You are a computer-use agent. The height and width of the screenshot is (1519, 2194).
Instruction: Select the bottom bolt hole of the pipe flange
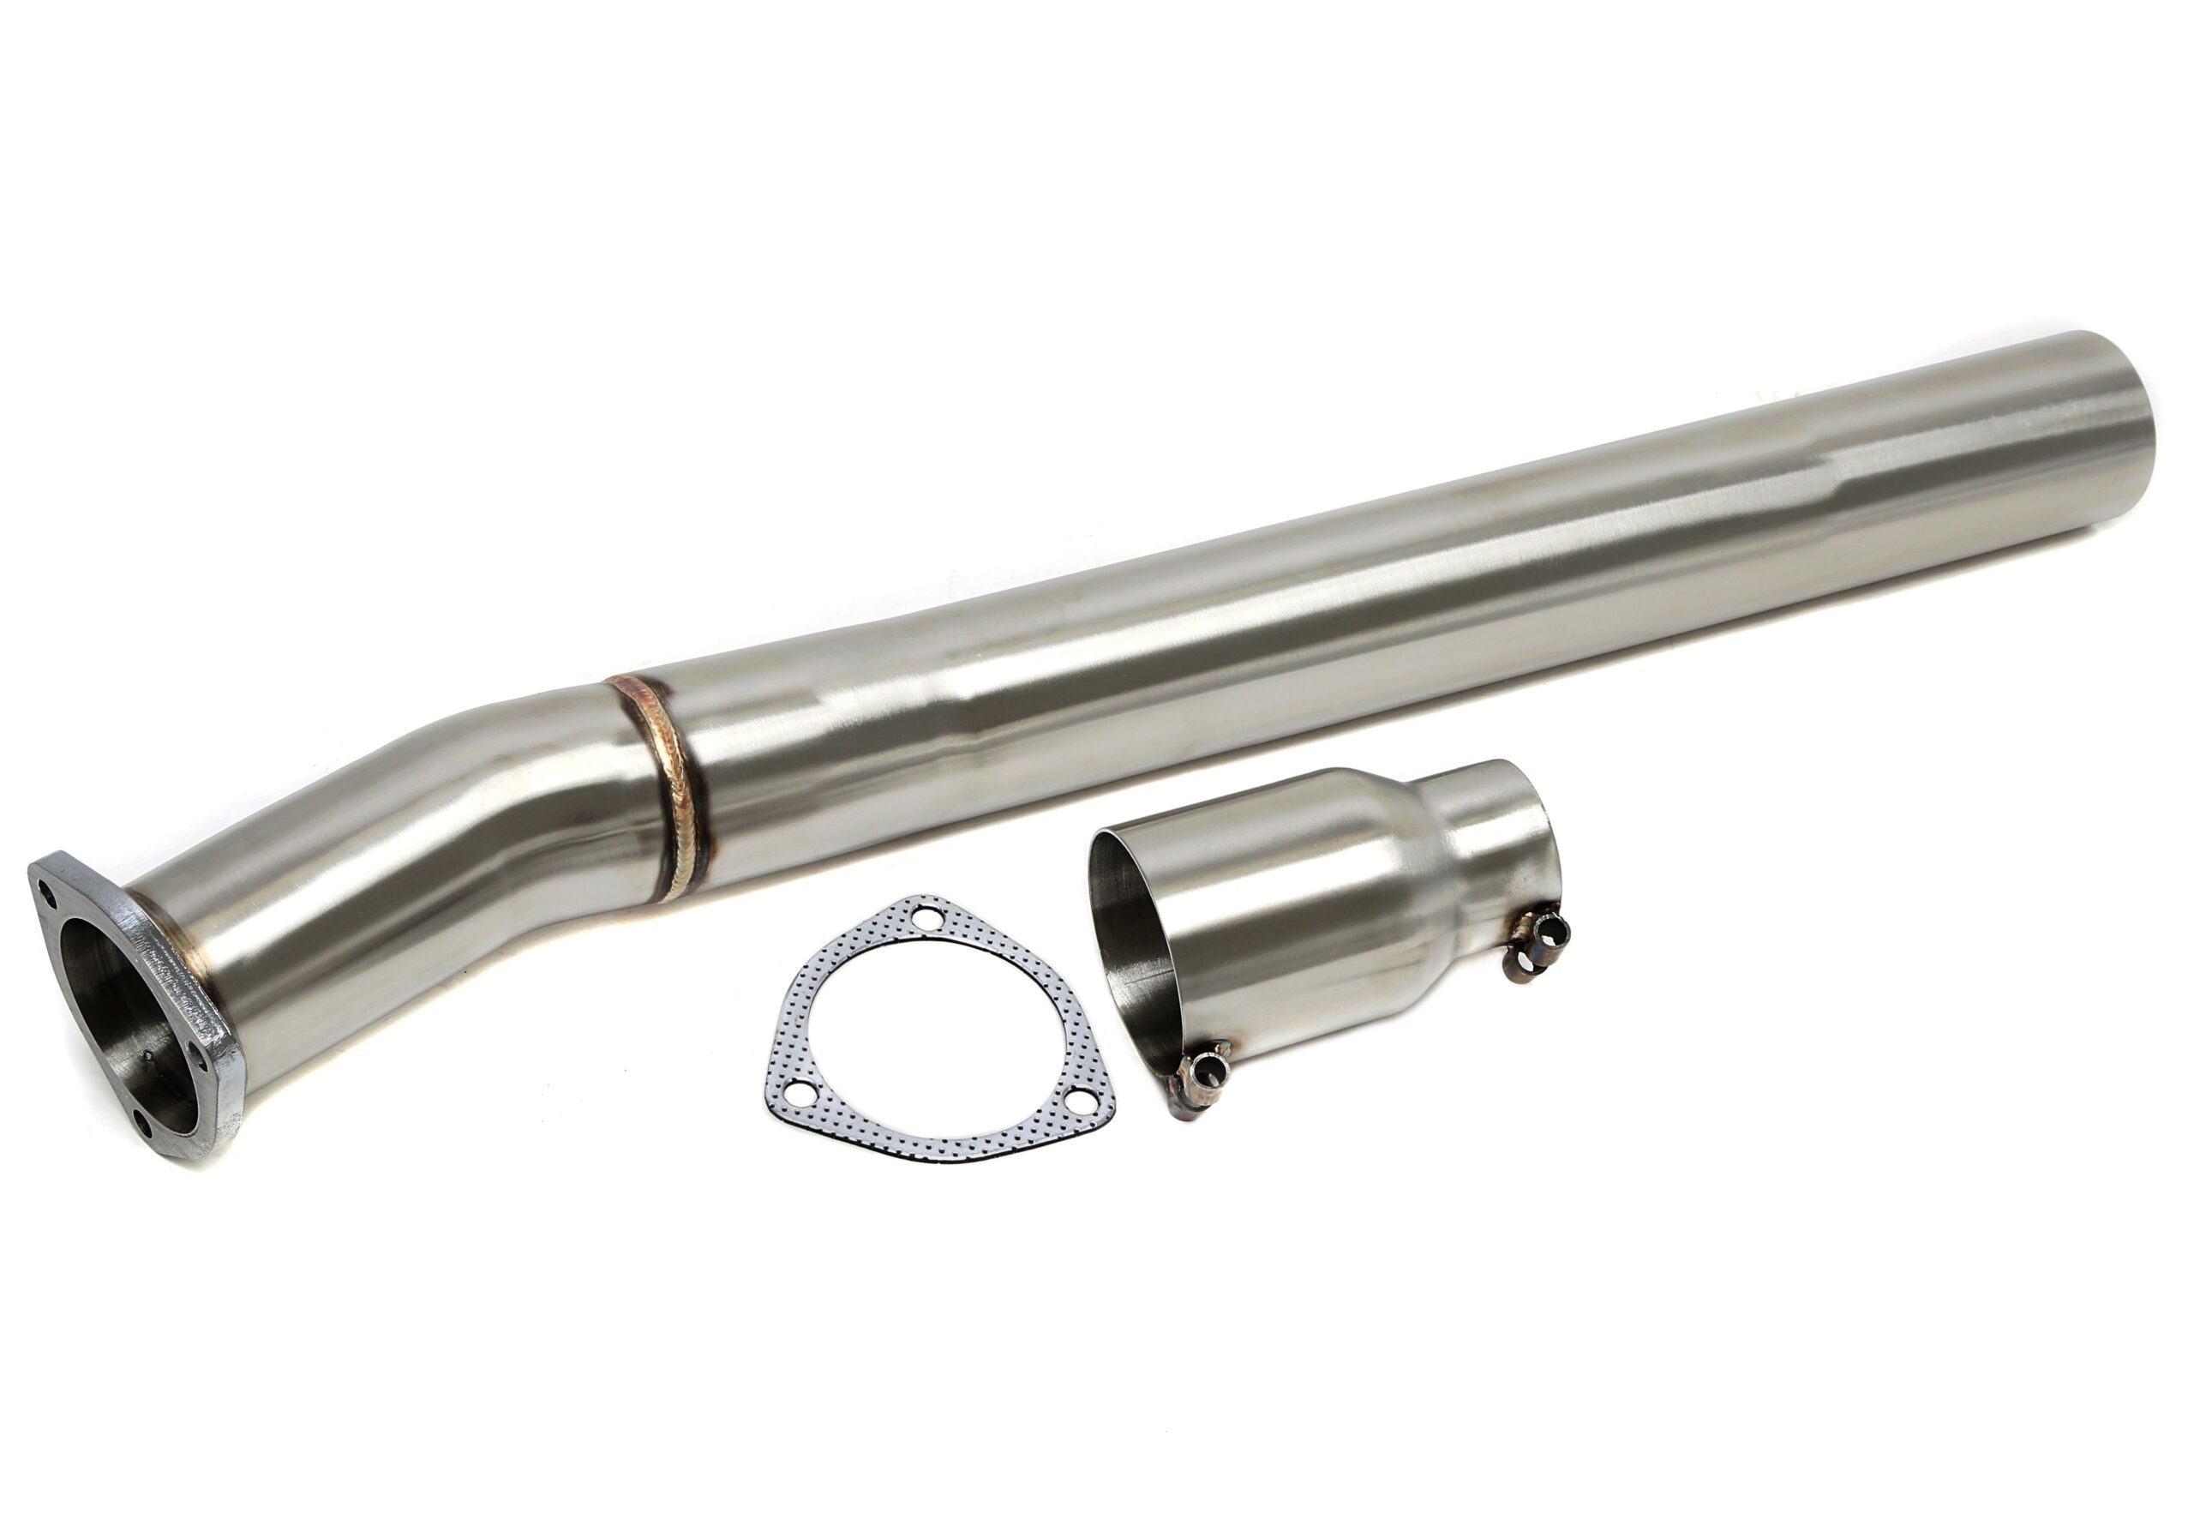pos(143,1122)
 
